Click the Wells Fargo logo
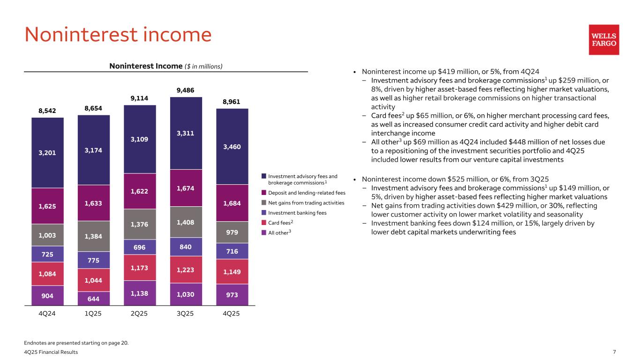(x=604, y=40)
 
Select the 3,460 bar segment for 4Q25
(x=232, y=147)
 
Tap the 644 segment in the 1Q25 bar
(x=93, y=298)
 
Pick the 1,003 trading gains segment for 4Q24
(x=47, y=235)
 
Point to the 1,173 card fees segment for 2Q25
(x=139, y=268)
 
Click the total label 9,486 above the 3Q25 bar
(x=185, y=90)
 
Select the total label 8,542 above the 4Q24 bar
(x=47, y=111)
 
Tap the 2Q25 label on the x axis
(x=139, y=314)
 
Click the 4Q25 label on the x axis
(x=232, y=314)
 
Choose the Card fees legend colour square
(x=264, y=222)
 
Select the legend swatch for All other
(x=264, y=232)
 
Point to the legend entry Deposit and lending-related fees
(x=307, y=193)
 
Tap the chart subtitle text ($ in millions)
(x=203, y=66)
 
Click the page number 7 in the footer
(x=614, y=352)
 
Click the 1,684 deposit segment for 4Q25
(x=232, y=203)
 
